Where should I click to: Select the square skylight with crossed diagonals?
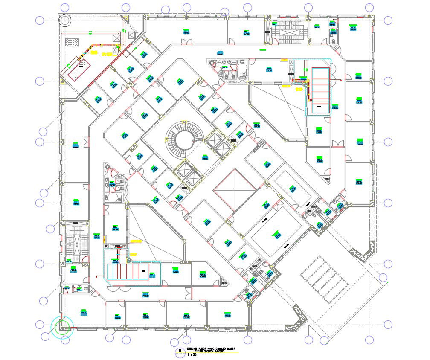point(234,189)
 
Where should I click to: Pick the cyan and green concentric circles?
point(62,327)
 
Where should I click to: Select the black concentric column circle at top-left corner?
point(65,20)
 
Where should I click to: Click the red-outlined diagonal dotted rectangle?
point(80,68)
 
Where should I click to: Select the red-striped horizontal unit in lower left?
point(128,272)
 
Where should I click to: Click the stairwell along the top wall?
point(290,32)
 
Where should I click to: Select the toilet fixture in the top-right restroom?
point(333,41)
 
